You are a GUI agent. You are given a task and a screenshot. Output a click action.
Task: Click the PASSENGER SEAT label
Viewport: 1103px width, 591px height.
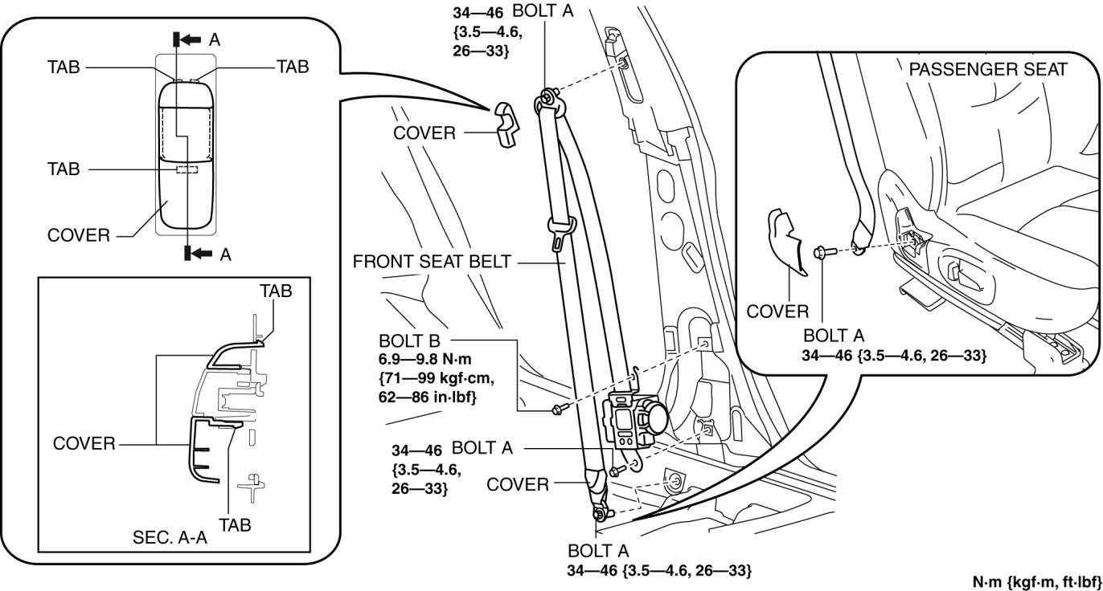pyautogui.click(x=987, y=70)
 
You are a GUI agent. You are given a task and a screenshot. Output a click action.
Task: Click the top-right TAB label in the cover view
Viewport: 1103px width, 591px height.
pyautogui.click(x=293, y=67)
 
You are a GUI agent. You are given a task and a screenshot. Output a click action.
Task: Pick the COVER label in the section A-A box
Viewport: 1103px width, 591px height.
pyautogui.click(x=84, y=443)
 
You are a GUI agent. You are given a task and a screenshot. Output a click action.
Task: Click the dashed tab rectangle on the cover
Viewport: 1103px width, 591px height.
pyautogui.click(x=187, y=169)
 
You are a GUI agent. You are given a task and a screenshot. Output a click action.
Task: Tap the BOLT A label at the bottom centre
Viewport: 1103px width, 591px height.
pyautogui.click(x=598, y=552)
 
